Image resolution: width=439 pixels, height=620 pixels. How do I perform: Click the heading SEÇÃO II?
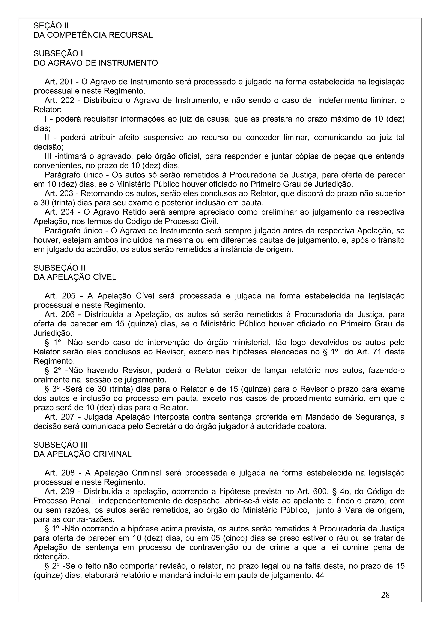coord(51,26)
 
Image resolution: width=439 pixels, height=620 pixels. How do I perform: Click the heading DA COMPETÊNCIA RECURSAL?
coord(93,35)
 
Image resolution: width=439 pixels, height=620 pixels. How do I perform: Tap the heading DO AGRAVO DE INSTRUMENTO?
coord(95,63)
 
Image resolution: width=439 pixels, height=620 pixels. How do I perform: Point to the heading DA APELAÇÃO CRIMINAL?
coord(82,454)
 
